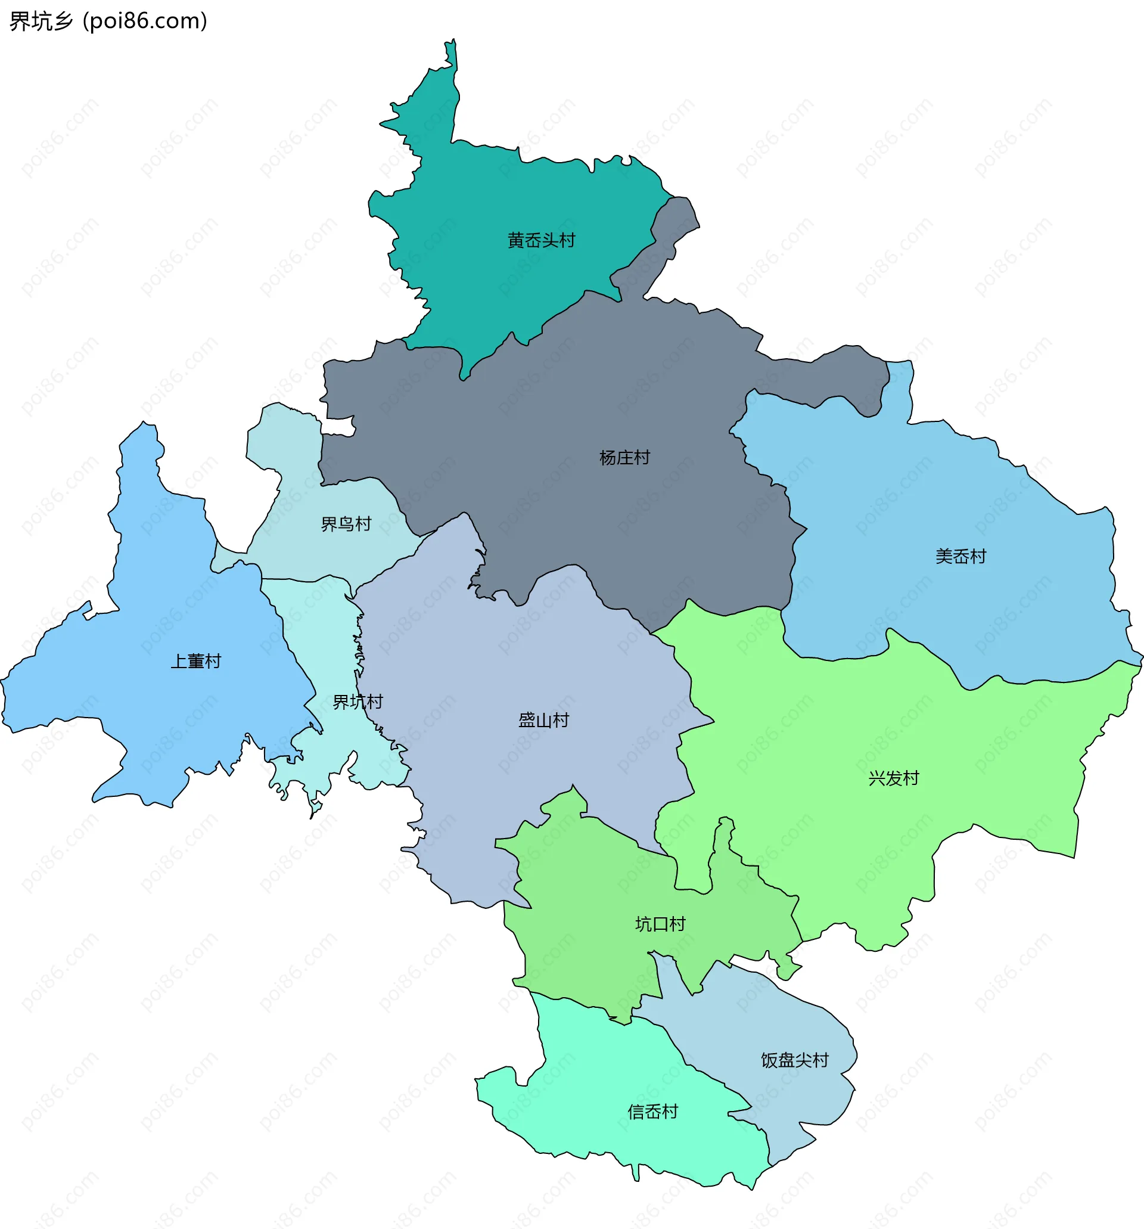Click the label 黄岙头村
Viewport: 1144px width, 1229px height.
541,240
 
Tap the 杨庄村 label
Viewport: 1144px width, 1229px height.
624,458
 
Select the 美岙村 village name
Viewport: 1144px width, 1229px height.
960,557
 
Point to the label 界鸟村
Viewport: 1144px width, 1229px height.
346,525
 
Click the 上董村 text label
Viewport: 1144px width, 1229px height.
196,661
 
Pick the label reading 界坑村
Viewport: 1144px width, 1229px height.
358,702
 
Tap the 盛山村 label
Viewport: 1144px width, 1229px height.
543,720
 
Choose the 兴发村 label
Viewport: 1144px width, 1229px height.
893,778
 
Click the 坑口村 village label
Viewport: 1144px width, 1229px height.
660,924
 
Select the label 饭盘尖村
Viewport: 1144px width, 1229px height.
794,1060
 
